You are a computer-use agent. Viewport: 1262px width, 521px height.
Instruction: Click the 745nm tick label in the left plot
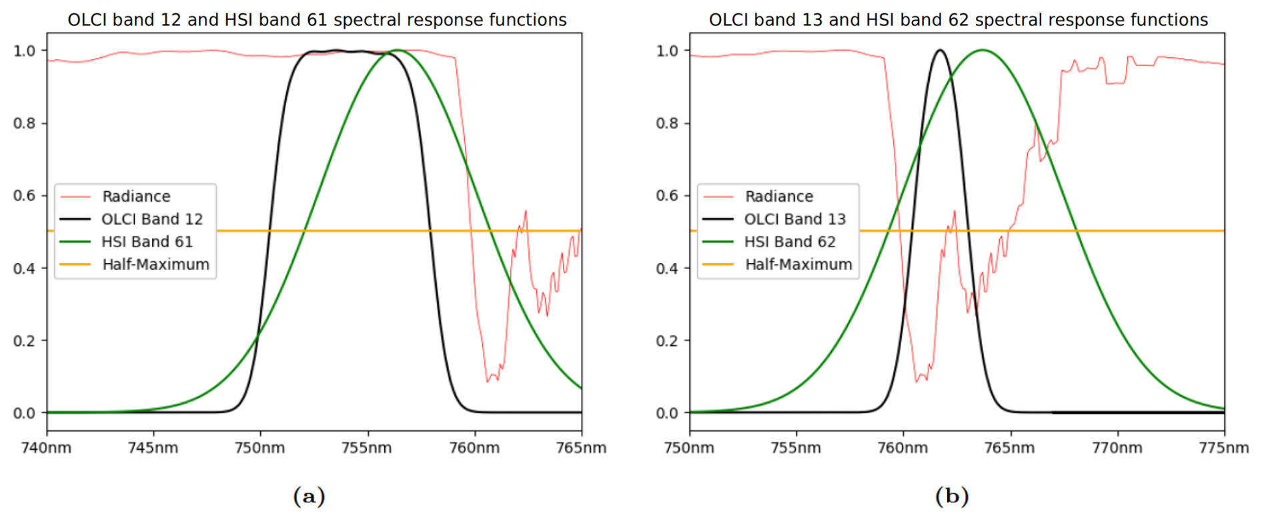coord(153,448)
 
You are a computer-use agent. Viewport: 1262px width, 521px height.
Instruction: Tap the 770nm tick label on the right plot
coord(1117,448)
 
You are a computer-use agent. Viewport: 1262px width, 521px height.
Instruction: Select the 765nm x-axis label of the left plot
coord(581,448)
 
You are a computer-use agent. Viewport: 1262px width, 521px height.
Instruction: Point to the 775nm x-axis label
coord(1223,448)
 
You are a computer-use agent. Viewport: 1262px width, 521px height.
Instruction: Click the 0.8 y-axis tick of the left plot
coord(24,123)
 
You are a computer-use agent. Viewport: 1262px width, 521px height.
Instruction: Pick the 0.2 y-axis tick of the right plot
coord(667,341)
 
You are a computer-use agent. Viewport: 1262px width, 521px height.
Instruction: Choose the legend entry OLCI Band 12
coord(151,219)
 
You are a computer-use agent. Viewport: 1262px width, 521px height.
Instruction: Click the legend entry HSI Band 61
coord(147,242)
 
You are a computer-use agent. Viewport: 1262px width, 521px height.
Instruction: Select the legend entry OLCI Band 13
coord(794,219)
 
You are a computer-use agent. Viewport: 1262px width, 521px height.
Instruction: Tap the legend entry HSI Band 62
coord(790,242)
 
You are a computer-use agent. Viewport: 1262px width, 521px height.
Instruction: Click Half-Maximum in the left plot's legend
coord(155,264)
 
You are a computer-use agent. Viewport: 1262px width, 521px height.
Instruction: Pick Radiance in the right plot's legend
coord(779,197)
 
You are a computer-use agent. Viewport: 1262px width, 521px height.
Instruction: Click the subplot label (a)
coord(309,496)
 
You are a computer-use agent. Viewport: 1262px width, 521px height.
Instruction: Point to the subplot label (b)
coord(952,496)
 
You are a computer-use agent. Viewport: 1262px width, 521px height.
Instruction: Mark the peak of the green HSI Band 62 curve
coord(982,50)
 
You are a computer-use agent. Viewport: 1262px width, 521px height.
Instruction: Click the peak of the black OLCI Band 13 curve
coord(940,50)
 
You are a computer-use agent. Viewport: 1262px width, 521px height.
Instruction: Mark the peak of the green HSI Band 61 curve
coord(398,50)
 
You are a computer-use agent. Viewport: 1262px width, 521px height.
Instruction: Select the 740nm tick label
coord(46,448)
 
